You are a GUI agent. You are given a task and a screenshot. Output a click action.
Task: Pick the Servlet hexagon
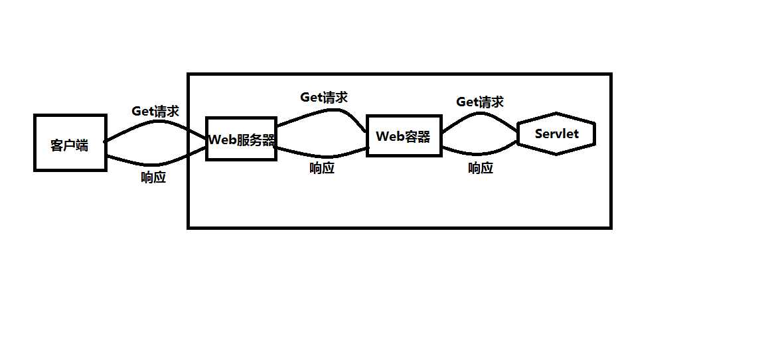[556, 134]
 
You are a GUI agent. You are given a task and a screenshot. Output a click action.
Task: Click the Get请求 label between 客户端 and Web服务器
[155, 111]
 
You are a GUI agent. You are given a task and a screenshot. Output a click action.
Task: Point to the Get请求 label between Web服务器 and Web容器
[324, 97]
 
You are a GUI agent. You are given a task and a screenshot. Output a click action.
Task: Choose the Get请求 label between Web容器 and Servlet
[480, 102]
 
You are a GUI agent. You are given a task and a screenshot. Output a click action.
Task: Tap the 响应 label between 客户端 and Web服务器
[153, 177]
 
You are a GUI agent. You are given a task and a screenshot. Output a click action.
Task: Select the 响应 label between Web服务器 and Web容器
[322, 168]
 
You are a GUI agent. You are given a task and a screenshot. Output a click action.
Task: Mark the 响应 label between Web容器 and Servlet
[481, 168]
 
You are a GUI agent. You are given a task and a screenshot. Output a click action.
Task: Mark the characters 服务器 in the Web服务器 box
[256, 139]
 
